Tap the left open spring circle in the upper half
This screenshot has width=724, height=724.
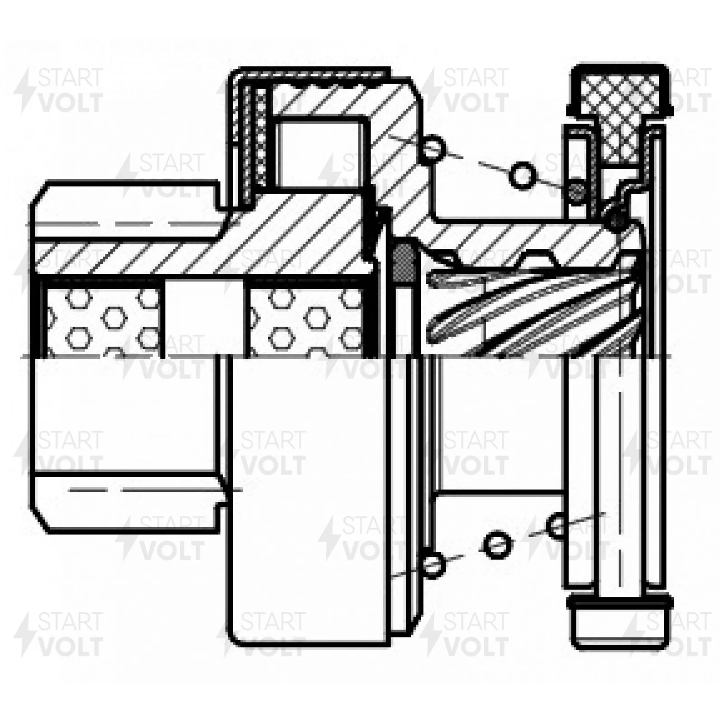tap(433, 147)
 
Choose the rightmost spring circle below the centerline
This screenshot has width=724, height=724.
tap(557, 526)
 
